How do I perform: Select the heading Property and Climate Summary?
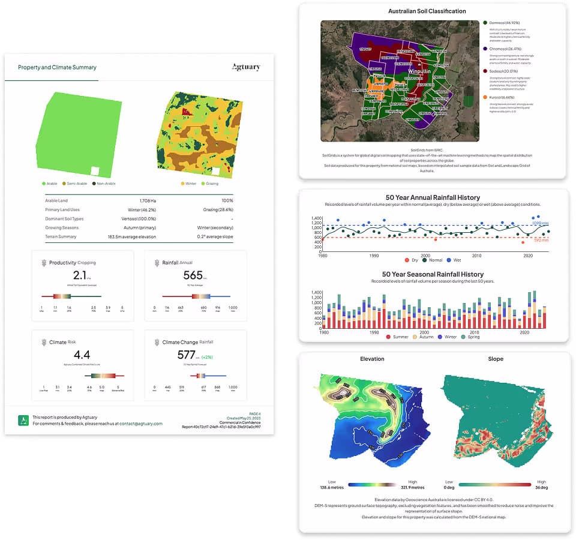point(57,68)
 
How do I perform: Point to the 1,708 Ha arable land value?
point(143,200)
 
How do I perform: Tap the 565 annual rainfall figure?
point(193,275)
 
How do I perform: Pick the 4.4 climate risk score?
point(82,355)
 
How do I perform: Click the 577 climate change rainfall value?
point(187,355)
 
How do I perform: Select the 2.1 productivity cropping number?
point(80,275)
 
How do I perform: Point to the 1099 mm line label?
point(539,223)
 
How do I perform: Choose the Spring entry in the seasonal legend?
point(476,337)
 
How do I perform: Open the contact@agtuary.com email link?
point(141,424)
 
